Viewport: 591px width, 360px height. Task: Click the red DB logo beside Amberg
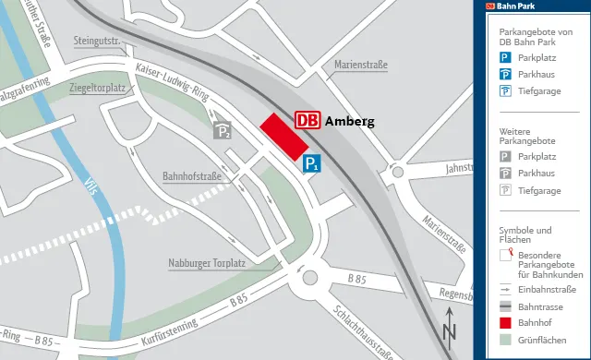308,120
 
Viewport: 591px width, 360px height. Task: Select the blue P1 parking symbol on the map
313,164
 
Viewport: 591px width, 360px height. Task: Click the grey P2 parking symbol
222,131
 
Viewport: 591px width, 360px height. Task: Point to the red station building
283,137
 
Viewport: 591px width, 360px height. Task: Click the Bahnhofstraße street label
192,175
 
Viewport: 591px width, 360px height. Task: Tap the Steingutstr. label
98,42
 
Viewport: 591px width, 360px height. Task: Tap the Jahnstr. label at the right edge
458,169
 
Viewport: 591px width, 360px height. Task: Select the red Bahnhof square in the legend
505,324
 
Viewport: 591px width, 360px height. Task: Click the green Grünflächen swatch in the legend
505,342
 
